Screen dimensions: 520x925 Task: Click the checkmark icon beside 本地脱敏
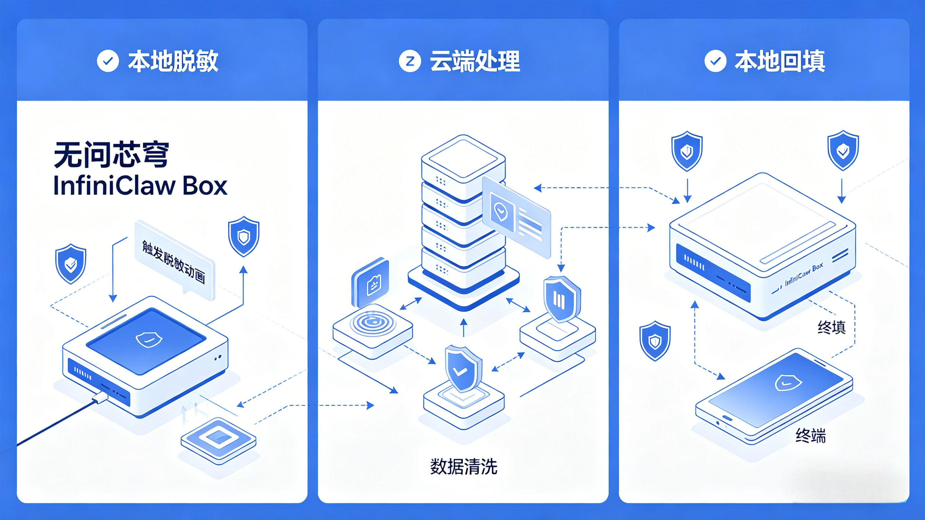(108, 61)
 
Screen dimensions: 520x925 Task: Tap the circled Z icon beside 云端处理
(410, 61)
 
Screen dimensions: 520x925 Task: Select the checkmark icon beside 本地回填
(715, 61)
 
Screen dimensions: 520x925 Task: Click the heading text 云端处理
(475, 61)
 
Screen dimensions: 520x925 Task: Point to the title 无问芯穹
(111, 155)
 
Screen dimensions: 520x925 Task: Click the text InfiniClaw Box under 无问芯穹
(140, 186)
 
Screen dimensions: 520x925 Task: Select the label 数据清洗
(464, 466)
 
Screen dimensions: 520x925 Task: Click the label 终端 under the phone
(810, 436)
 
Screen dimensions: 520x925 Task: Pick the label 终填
(831, 327)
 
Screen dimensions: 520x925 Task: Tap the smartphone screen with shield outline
(776, 390)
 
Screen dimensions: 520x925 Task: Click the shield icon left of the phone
(655, 341)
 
